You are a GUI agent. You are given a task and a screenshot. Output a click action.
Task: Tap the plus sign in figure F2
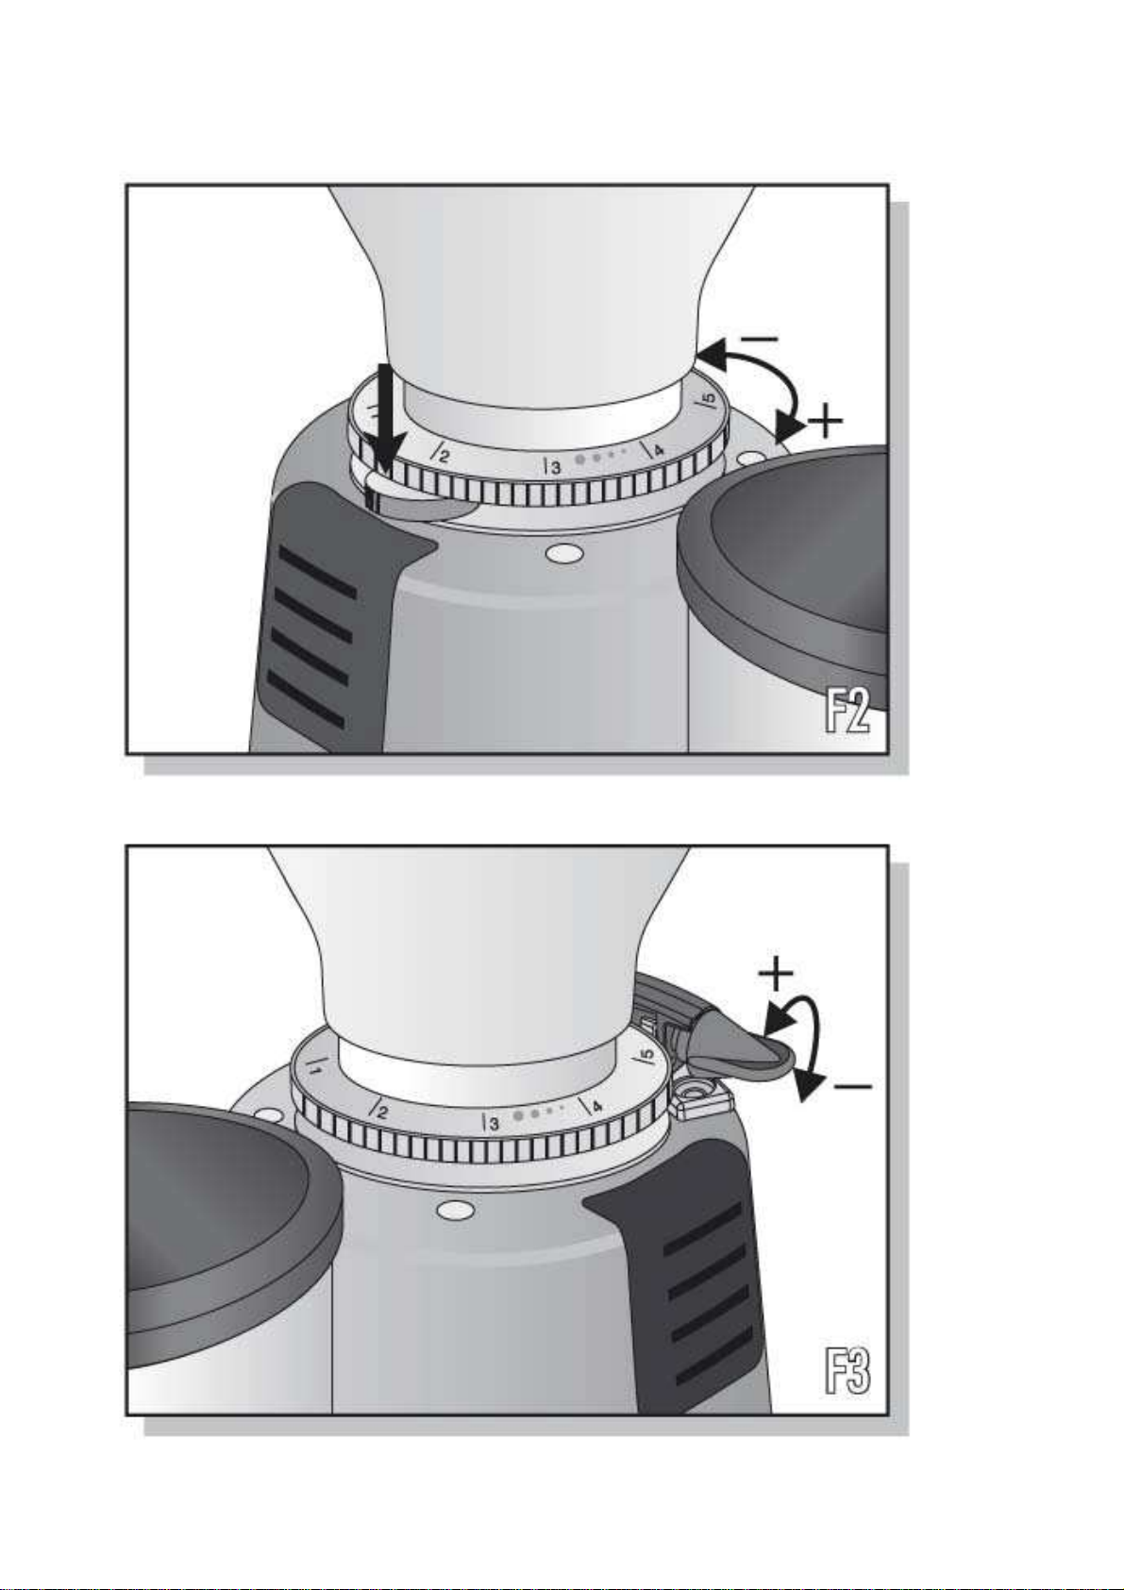pyautogui.click(x=824, y=422)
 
